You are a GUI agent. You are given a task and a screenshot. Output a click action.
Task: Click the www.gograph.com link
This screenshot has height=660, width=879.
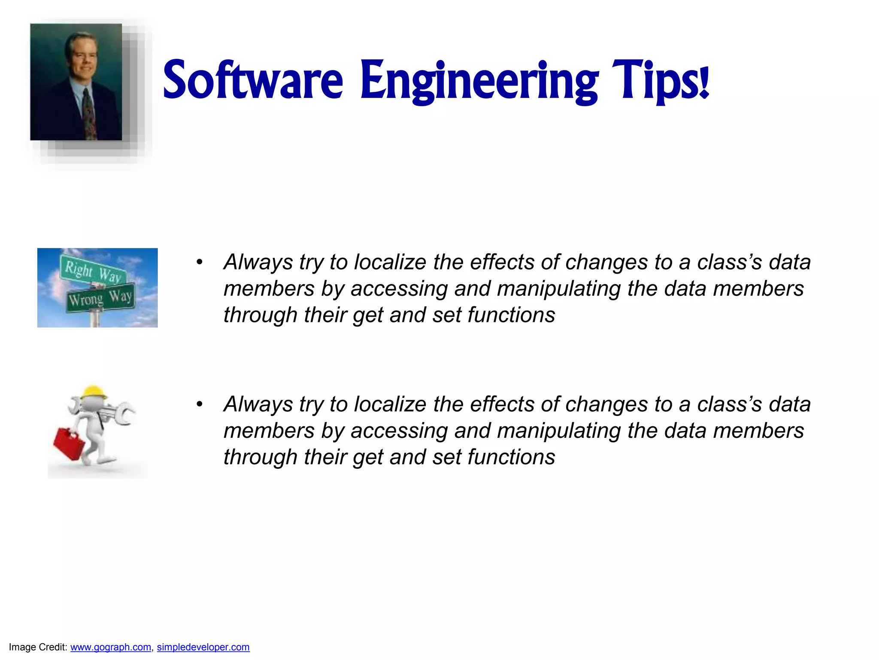[111, 647]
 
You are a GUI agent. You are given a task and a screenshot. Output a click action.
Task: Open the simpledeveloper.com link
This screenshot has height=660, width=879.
[203, 647]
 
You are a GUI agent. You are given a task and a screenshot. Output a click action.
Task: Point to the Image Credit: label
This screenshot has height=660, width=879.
[38, 647]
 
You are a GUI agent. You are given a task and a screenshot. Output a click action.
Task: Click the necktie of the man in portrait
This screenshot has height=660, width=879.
[89, 114]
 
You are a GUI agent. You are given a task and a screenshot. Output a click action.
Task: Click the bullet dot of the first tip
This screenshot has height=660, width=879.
[199, 262]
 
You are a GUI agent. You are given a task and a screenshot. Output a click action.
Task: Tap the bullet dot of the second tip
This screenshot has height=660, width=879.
[199, 404]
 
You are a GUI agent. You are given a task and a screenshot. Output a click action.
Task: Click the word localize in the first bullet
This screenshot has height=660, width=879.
[390, 262]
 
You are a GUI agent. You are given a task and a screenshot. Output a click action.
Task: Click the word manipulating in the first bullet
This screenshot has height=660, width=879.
[559, 288]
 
